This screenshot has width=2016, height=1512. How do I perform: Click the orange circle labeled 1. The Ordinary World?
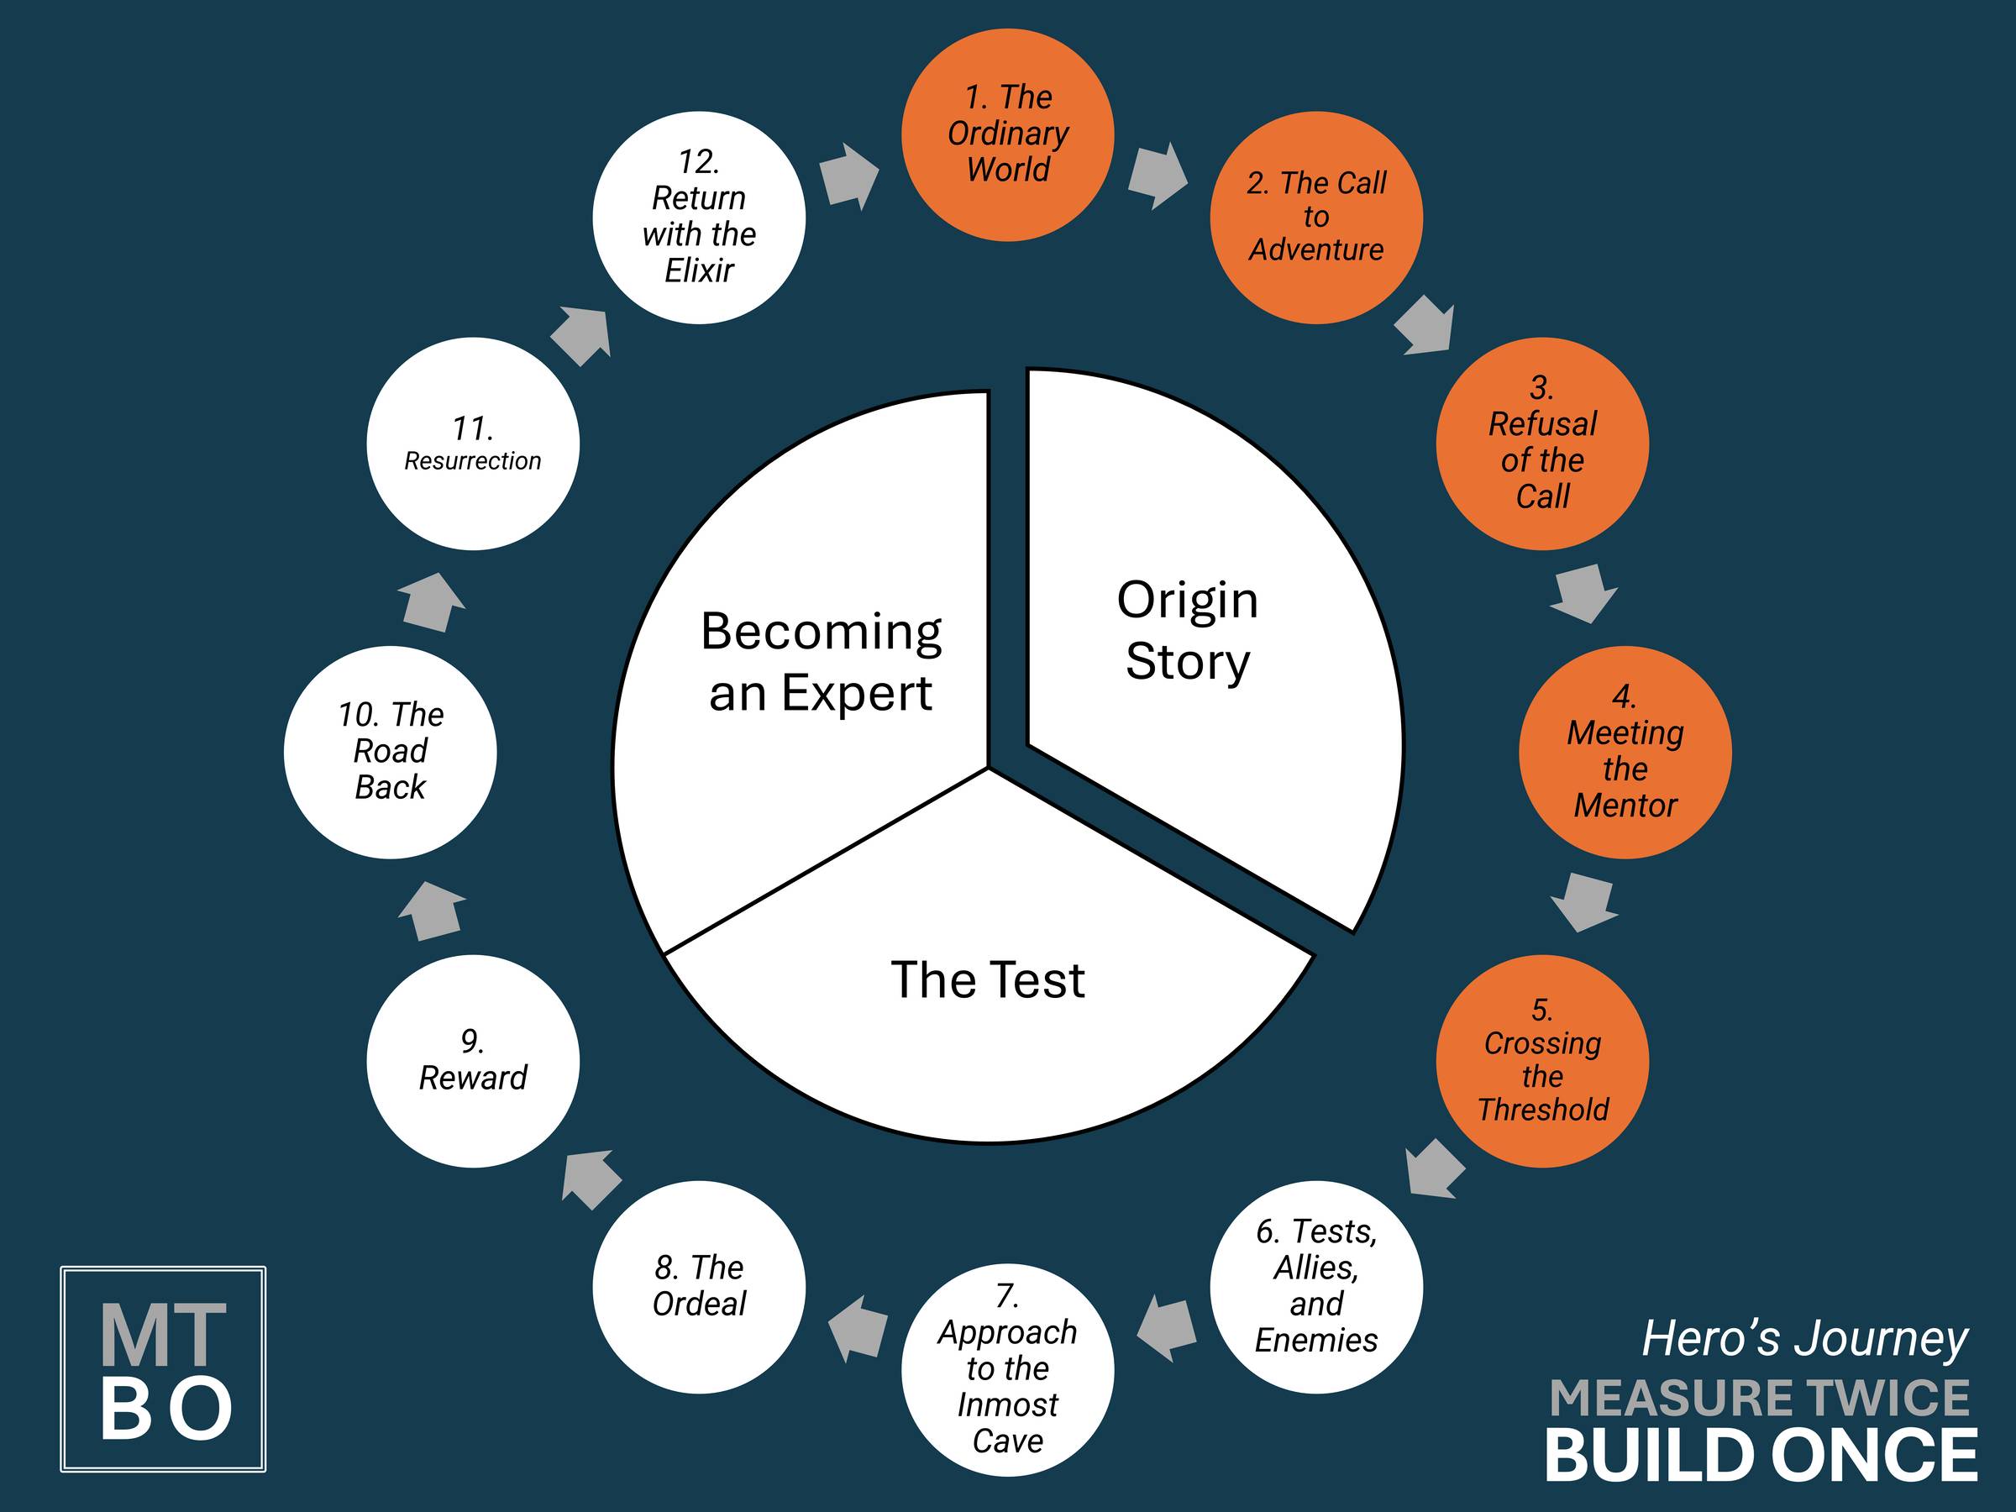(x=1007, y=135)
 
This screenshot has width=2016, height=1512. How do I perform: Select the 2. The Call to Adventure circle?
(x=1316, y=218)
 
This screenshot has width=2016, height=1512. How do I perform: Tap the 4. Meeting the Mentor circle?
(x=1625, y=753)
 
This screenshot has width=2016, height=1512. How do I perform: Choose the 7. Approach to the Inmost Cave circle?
(x=1007, y=1370)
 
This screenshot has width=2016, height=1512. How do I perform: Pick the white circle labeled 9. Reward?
(x=473, y=1061)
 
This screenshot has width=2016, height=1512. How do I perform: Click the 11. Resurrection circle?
(x=473, y=444)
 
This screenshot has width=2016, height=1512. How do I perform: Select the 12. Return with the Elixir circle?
(x=699, y=218)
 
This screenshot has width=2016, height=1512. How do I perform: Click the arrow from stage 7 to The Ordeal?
(x=857, y=1329)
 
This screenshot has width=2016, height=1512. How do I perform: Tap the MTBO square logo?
(x=163, y=1369)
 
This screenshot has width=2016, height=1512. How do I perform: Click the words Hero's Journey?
(x=1804, y=1339)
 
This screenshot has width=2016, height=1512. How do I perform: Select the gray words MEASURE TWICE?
(x=1760, y=1398)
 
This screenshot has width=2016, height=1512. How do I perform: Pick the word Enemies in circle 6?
(x=1316, y=1340)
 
